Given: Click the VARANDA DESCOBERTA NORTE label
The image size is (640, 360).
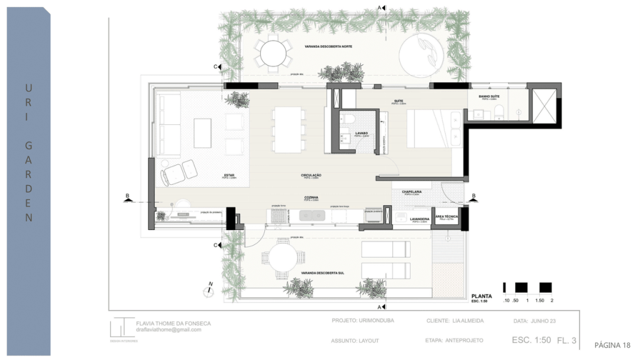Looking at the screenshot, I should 326,47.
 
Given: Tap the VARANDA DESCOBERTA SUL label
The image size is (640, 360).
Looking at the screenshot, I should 322,273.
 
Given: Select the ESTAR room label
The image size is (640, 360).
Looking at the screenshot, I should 229,176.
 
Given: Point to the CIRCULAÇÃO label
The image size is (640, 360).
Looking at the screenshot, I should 311,176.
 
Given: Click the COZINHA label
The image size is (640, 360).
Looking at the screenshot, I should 311,198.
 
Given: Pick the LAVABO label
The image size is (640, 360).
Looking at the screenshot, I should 361,134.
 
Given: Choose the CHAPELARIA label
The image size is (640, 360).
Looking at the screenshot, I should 412,192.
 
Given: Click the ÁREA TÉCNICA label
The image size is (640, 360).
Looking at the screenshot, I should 451,216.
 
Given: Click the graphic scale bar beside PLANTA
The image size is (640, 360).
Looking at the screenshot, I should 527,288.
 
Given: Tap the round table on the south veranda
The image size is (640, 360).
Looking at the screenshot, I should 282,258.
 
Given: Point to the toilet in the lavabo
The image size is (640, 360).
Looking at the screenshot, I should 350,119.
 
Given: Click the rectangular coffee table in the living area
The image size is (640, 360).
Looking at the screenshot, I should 202,133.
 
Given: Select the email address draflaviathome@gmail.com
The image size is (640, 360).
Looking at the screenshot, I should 169,329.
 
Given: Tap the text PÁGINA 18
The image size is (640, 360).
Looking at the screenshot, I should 612,345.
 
